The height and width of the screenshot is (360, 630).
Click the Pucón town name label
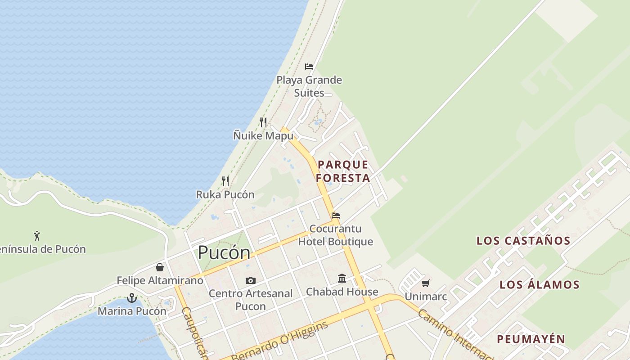click(224, 253)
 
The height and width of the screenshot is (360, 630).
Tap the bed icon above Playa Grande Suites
click(309, 67)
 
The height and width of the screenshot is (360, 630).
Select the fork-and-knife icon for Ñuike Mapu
click(263, 122)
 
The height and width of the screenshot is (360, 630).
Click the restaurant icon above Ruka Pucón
click(225, 181)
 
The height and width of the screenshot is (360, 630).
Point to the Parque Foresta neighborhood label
click(343, 171)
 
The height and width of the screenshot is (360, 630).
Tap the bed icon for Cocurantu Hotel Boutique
click(336, 216)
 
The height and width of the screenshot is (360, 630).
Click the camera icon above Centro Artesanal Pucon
click(251, 280)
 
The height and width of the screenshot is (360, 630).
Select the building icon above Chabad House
click(342, 278)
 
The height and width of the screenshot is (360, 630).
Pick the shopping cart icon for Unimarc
click(425, 283)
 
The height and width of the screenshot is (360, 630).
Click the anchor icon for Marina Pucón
click(131, 297)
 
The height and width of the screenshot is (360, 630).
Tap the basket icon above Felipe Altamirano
click(160, 267)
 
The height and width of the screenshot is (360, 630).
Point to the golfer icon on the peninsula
click(37, 235)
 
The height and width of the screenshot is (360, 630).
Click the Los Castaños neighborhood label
click(523, 241)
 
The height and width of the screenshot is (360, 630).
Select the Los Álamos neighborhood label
click(540, 284)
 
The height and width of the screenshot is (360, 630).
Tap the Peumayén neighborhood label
click(531, 339)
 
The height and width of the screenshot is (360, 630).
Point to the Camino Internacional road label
click(454, 333)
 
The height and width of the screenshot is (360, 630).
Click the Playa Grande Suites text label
click(309, 86)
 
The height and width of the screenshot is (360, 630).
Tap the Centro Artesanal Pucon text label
click(251, 300)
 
